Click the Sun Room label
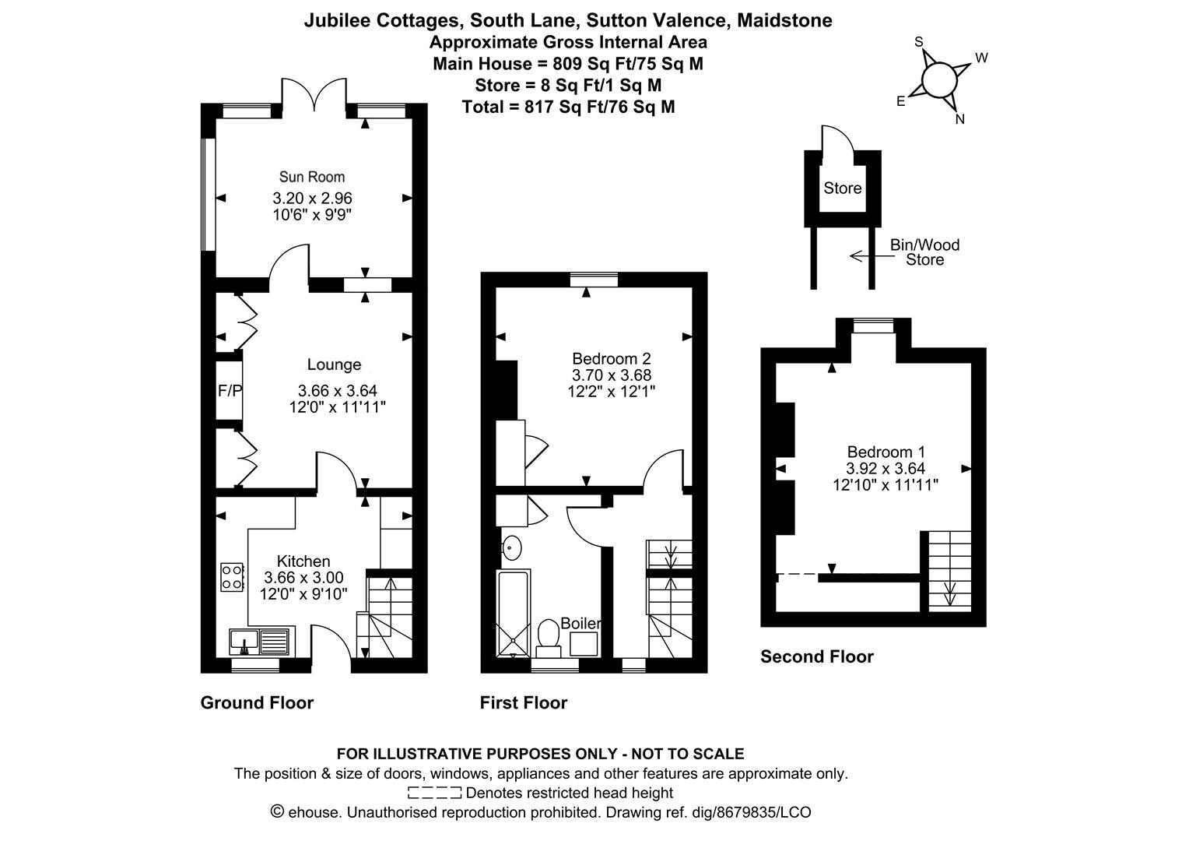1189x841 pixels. (312, 177)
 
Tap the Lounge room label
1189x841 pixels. (335, 364)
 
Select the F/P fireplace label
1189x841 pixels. (230, 391)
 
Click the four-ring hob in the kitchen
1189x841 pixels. (232, 578)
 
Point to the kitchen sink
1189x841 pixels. (260, 642)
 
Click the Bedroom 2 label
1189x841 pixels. (612, 359)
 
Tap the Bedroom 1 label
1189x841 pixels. (886, 452)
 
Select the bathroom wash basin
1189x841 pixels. (511, 547)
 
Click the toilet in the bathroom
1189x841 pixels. (549, 639)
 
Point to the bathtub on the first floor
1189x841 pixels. (514, 614)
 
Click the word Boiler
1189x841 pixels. (581, 623)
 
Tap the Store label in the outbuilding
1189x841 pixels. (843, 188)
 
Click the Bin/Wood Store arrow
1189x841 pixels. (872, 256)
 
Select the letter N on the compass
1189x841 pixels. (959, 120)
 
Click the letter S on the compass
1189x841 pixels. (919, 42)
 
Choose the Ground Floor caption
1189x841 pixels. (257, 703)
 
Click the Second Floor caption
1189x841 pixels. (817, 656)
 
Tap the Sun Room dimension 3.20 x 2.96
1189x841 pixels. (312, 198)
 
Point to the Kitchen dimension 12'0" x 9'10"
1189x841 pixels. (303, 594)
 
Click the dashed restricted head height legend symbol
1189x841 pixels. (434, 793)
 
